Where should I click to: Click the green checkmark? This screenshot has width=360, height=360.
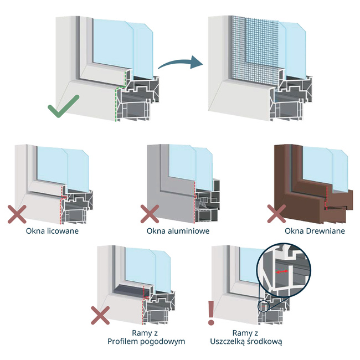click(65, 107)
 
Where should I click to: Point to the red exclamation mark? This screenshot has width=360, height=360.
click(210, 313)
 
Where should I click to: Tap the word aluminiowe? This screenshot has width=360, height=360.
click(189, 230)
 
